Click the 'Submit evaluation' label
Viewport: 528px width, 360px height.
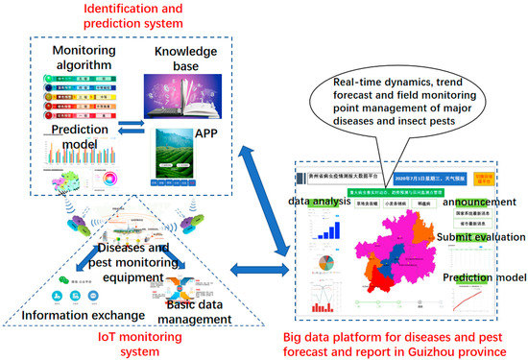click(x=481, y=237)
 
